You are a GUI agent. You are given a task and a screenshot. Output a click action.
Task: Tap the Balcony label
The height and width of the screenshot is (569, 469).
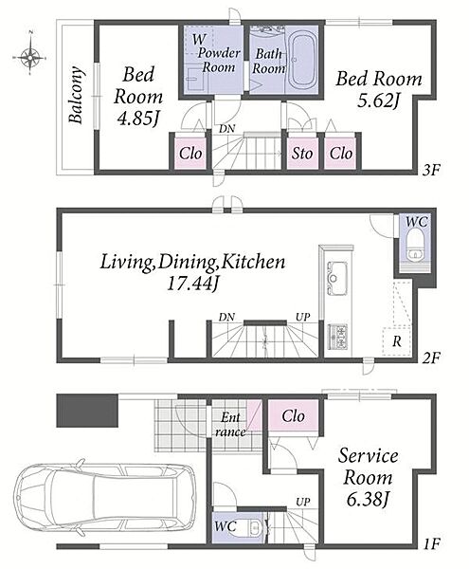(x=77, y=95)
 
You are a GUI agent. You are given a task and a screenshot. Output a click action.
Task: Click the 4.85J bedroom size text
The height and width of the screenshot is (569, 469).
(x=138, y=119)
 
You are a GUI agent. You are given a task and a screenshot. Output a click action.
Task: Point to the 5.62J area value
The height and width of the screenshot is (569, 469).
(x=379, y=101)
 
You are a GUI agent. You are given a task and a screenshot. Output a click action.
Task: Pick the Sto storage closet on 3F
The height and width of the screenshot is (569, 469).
(x=302, y=153)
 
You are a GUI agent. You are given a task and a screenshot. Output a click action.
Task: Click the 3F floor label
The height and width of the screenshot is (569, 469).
(x=431, y=170)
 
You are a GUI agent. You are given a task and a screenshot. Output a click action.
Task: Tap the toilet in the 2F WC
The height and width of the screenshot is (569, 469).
(x=415, y=248)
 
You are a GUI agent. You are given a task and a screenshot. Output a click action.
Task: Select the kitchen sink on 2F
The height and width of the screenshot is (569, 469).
(x=337, y=278)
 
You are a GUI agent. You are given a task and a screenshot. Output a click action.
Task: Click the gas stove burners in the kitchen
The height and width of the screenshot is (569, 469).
(x=338, y=337)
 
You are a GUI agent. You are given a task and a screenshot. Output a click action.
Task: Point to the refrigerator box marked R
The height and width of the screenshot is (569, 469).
(x=397, y=341)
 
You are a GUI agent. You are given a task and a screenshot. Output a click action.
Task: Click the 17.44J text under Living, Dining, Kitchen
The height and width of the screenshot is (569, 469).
(x=193, y=284)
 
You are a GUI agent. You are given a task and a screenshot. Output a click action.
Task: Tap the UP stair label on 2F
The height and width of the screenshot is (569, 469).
(x=303, y=317)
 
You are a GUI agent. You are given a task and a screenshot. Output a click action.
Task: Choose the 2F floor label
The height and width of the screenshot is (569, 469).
(x=431, y=358)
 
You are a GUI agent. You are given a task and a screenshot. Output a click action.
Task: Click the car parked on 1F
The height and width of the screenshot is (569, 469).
(x=105, y=497)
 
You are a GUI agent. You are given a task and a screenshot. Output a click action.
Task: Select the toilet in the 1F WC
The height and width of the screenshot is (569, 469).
(x=254, y=527)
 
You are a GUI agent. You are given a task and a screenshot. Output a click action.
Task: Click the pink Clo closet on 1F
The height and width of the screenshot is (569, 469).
(x=293, y=416)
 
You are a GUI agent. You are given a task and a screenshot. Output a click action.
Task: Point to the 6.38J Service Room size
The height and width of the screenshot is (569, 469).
(x=368, y=500)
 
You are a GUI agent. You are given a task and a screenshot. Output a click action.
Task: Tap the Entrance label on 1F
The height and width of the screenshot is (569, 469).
(x=230, y=425)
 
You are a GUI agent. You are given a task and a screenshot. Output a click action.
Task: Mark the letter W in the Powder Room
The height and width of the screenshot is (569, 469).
(x=199, y=39)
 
